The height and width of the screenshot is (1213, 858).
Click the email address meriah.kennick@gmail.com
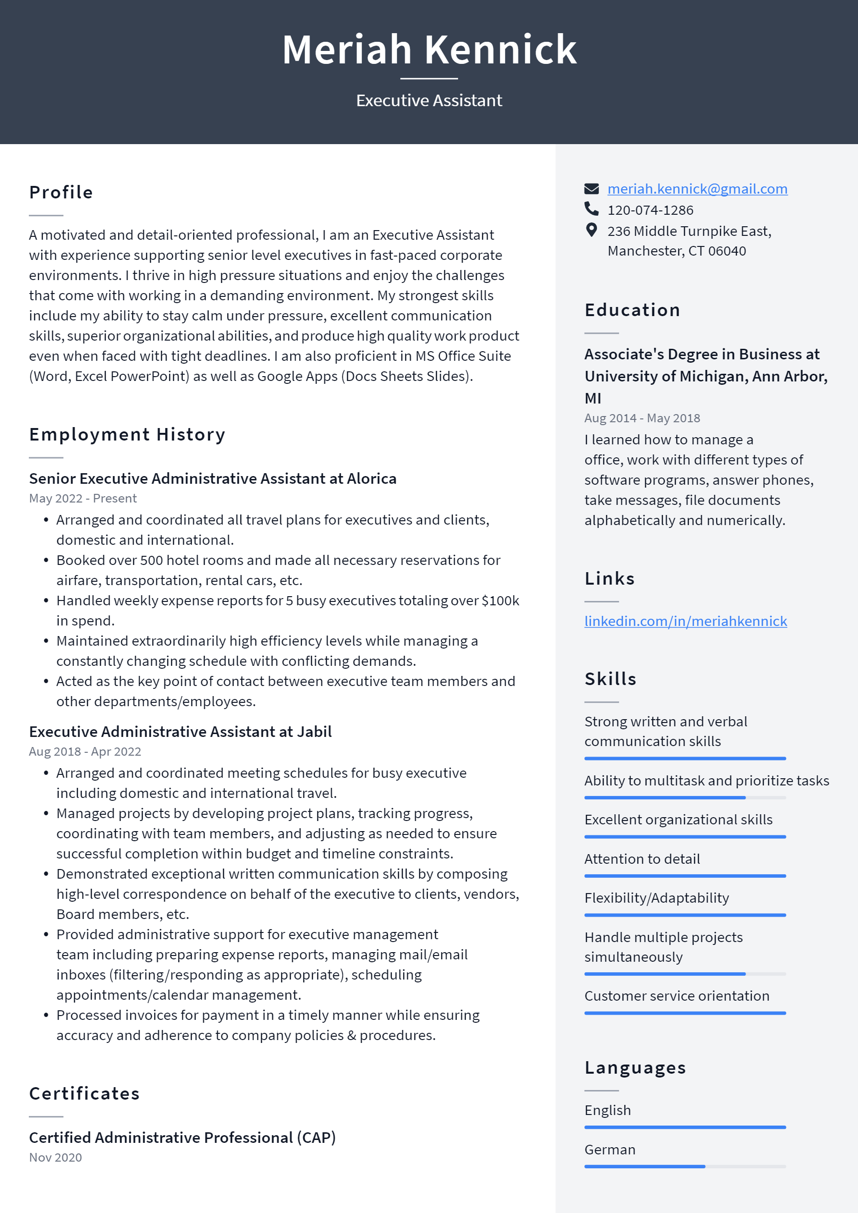pos(697,189)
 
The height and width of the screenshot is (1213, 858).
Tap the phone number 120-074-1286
pos(650,210)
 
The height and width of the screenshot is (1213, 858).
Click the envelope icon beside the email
pos(591,189)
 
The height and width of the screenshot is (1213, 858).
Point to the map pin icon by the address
pos(591,230)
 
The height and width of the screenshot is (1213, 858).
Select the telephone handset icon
pos(591,209)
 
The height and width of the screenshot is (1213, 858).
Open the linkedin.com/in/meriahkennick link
pos(685,621)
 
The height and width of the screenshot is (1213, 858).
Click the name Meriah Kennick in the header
pos(429,49)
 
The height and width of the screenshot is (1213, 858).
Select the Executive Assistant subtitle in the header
pos(429,100)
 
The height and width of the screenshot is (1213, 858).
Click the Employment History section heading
pos(127,434)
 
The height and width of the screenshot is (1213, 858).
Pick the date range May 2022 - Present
pos(83,498)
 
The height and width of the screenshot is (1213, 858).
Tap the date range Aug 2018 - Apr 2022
pos(85,751)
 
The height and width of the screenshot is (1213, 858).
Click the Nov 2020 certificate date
pos(55,1158)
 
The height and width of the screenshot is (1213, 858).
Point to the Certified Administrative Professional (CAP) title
pos(182,1138)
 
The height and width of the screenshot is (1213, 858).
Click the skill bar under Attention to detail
pos(684,876)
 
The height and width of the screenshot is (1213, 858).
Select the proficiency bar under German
pos(684,1166)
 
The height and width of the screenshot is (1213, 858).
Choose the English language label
pos(608,1111)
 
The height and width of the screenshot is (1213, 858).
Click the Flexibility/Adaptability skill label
pos(656,898)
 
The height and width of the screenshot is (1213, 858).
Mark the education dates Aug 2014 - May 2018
pos(642,418)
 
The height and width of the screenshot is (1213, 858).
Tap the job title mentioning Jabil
pos(180,732)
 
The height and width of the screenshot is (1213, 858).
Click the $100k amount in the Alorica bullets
pos(500,600)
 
